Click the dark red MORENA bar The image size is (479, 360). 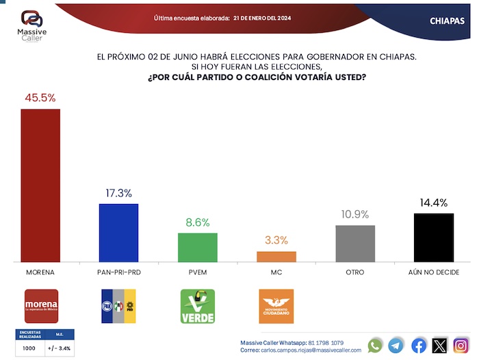click(40, 185)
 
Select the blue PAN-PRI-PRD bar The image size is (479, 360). click(119, 233)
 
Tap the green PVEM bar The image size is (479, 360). click(198, 247)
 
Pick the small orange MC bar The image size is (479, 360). click(276, 256)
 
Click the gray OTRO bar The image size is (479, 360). click(355, 243)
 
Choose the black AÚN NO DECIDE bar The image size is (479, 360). click(434, 237)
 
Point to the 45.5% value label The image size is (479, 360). click(40, 98)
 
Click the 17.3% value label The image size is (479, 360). click(119, 193)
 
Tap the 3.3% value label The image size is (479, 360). click(276, 240)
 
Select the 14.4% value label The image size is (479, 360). click(434, 203)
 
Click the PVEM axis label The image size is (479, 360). click(198, 272)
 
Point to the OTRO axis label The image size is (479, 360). click(355, 272)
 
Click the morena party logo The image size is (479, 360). click(41, 305)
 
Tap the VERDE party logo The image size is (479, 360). click(197, 306)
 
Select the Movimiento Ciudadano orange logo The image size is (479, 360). click(276, 306)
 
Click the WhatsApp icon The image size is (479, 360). click(375, 346)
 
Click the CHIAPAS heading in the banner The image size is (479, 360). click(448, 21)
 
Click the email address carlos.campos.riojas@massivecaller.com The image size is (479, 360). click(310, 350)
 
